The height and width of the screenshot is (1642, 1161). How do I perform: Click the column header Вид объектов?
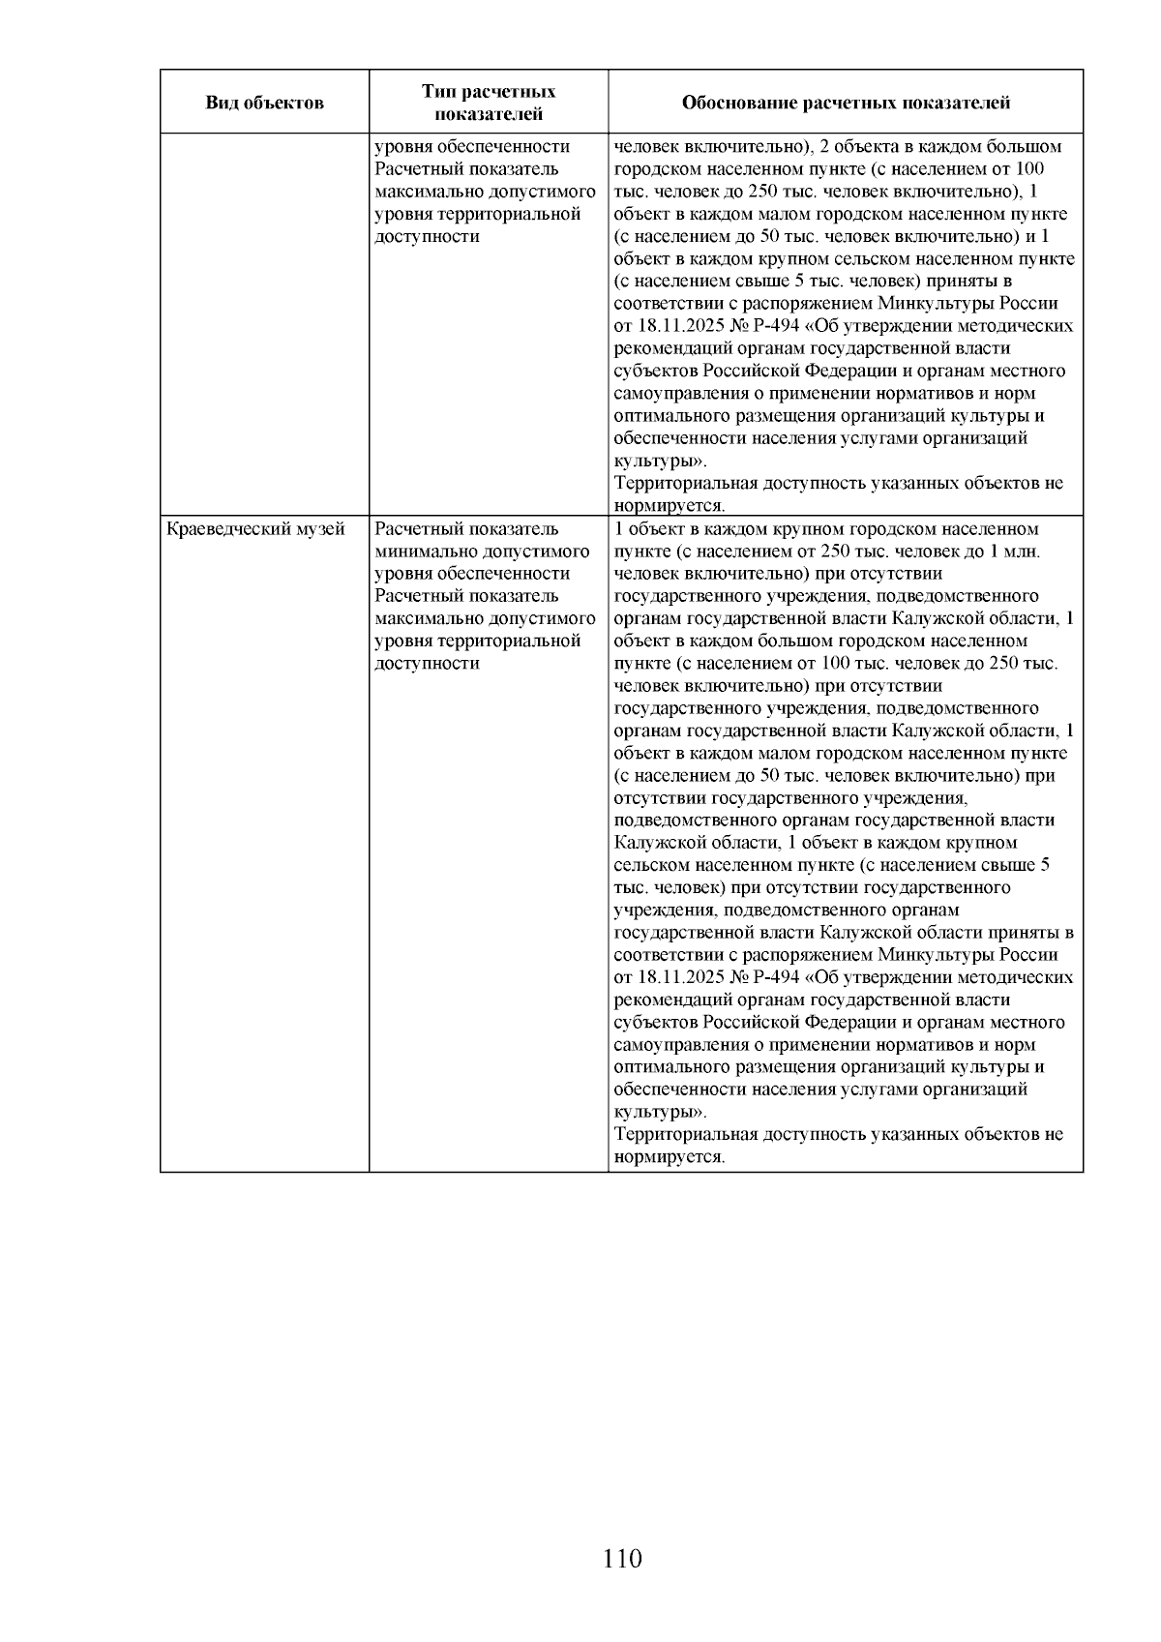coord(264,103)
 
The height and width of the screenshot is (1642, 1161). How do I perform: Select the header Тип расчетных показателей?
coord(488,103)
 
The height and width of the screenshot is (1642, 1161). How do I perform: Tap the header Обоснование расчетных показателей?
coord(846,103)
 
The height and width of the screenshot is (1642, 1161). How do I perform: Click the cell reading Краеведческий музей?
coord(256,529)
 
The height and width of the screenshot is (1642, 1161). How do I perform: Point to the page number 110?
coord(622,1559)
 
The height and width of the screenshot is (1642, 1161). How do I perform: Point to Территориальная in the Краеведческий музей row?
coord(686,1134)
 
